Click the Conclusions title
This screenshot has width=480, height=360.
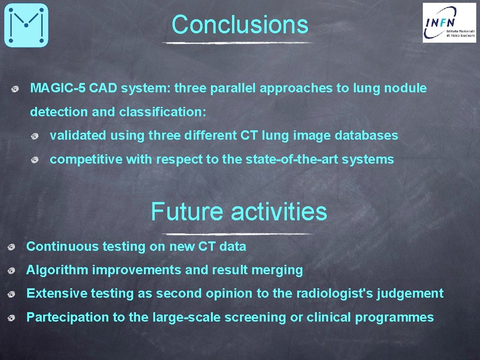[x=240, y=24]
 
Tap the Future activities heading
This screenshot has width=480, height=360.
[x=239, y=211]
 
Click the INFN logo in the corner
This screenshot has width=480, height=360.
[x=449, y=22]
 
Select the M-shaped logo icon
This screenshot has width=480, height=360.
[x=26, y=25]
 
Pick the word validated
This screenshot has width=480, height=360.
[x=78, y=136]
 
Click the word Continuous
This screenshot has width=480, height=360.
[x=57, y=247]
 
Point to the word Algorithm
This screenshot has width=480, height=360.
[x=57, y=270]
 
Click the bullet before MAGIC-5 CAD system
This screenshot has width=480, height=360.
[x=16, y=89]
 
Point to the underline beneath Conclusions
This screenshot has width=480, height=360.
[x=238, y=43]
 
